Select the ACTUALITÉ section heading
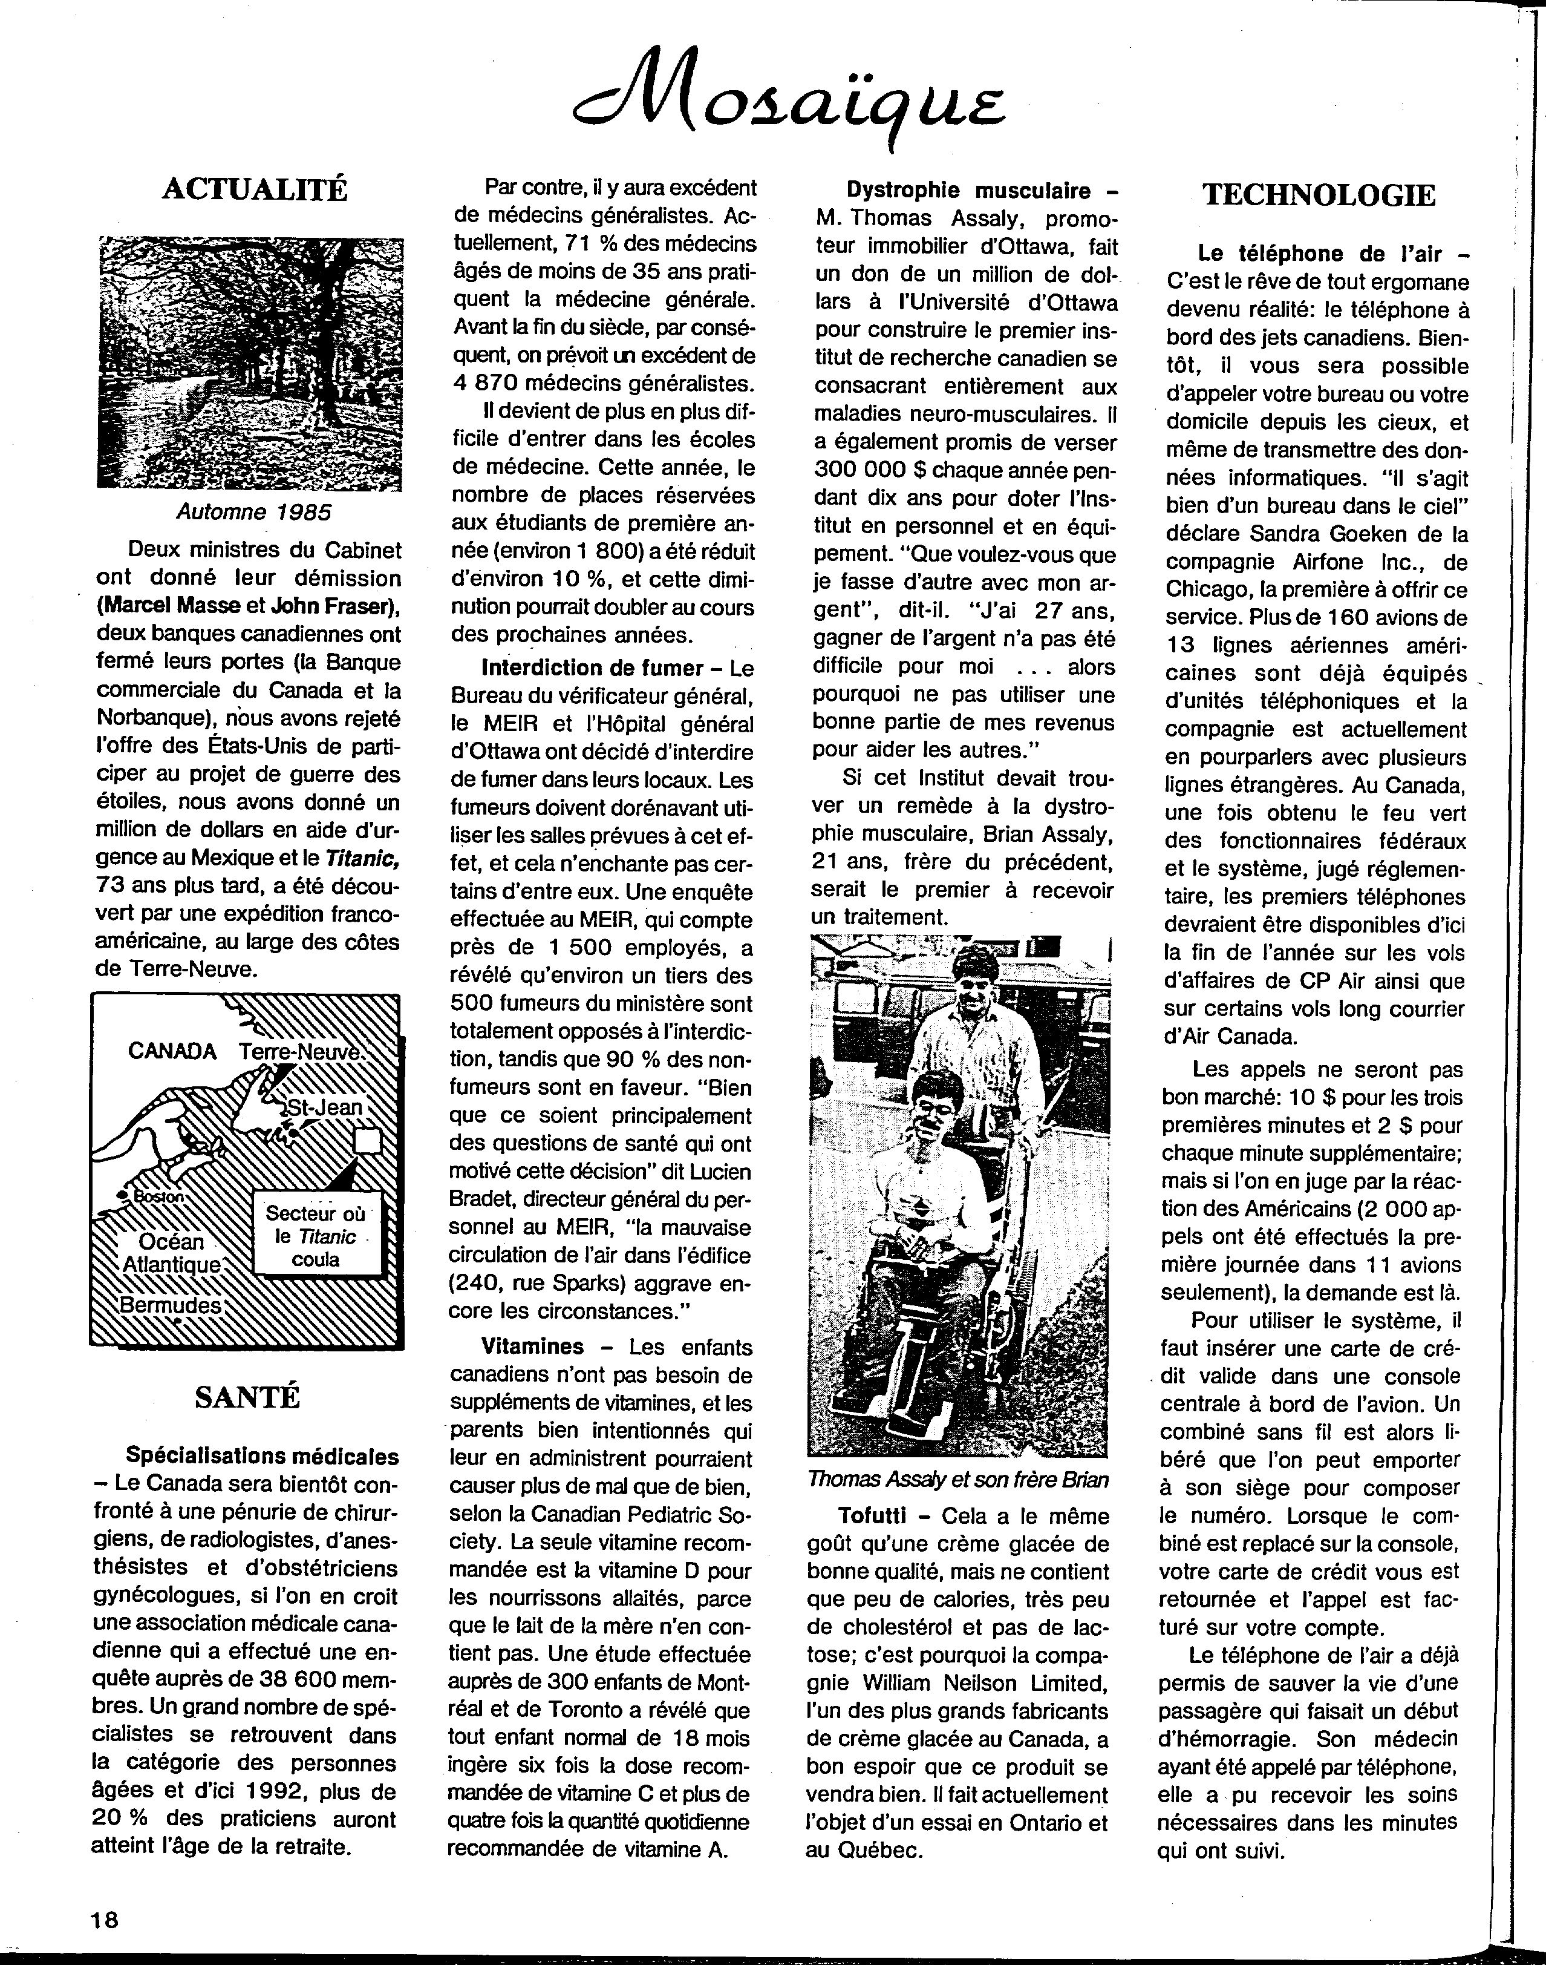[255, 189]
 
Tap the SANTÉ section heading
[247, 1397]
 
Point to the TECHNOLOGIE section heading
[1318, 195]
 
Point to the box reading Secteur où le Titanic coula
[316, 1236]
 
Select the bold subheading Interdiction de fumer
[592, 668]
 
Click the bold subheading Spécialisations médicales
[261, 1456]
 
